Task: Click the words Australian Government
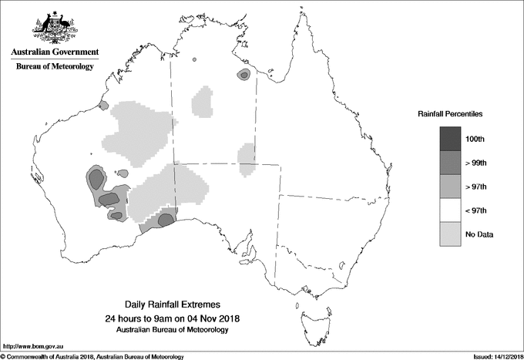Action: point(55,52)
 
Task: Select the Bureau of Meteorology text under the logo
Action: point(55,67)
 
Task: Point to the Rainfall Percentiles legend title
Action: point(450,113)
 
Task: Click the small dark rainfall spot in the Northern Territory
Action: point(244,75)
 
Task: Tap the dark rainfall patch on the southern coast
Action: point(165,220)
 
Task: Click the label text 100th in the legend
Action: point(475,139)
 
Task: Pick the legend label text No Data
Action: point(479,234)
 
